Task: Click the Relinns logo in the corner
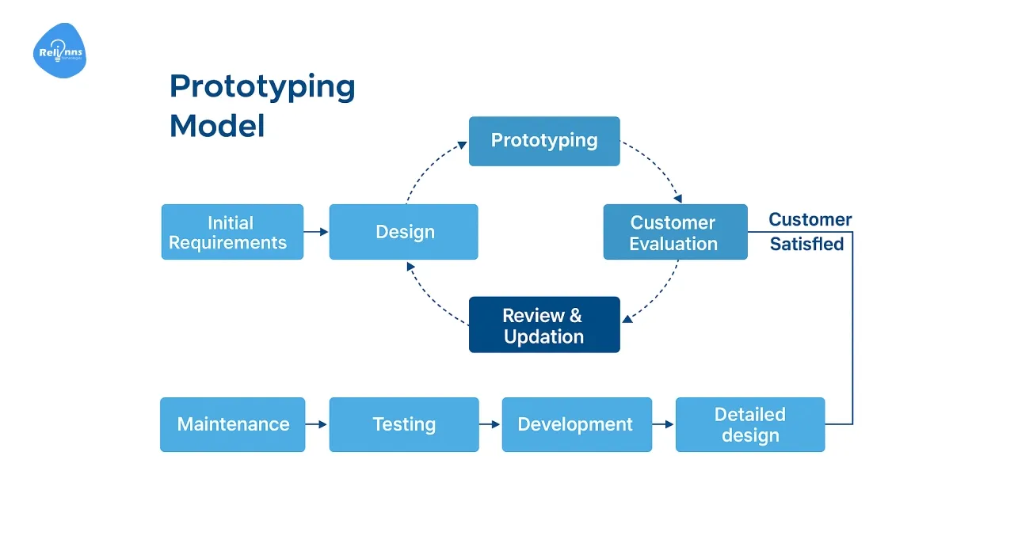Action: coord(59,51)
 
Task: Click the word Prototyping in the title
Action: coord(262,86)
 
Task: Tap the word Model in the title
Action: coord(217,126)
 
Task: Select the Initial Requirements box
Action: coord(232,232)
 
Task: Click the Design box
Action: coord(403,232)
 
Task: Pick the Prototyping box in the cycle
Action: coord(544,141)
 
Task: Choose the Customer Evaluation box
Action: coord(675,232)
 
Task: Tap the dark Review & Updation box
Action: coord(544,325)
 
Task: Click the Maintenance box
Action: coord(232,424)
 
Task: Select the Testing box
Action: coord(404,424)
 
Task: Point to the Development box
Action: coord(576,424)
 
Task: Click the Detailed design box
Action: coord(749,424)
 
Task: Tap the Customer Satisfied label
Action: coord(809,231)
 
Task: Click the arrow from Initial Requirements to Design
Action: coord(316,232)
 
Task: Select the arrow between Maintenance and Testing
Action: coord(316,424)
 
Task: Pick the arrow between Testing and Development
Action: coord(490,424)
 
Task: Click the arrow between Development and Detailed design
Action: coord(663,424)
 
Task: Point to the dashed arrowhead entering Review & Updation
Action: coord(627,319)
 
